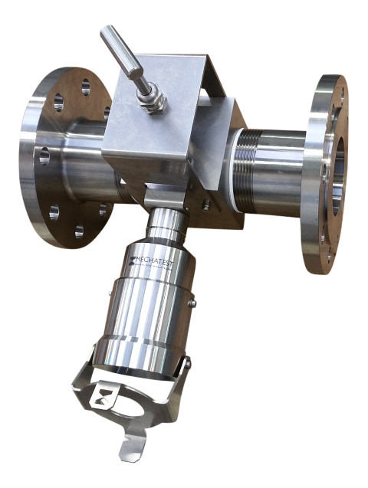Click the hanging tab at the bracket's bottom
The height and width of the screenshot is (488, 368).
(132, 448)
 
